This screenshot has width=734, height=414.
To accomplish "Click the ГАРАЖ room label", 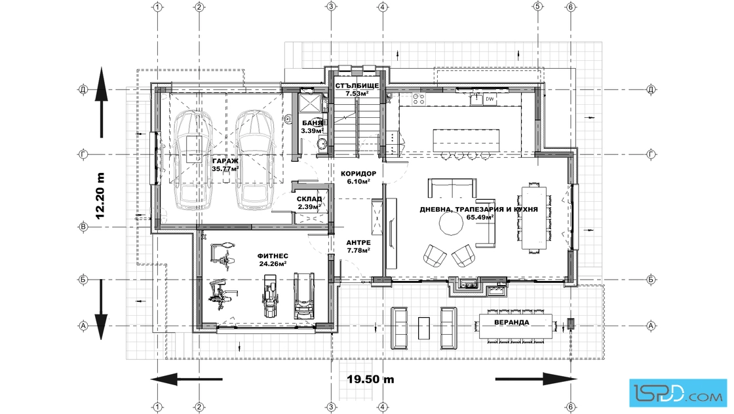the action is click(x=225, y=161).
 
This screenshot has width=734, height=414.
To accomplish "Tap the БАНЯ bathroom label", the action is click(x=312, y=123).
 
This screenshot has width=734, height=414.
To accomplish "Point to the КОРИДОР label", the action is click(x=358, y=174).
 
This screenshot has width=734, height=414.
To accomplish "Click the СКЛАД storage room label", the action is click(x=309, y=199).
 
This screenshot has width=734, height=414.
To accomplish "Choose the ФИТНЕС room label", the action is click(x=273, y=256).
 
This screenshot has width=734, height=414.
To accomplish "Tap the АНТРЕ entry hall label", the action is click(x=358, y=243).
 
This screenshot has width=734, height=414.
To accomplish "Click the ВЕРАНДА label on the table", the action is click(x=512, y=322).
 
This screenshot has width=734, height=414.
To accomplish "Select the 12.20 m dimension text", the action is click(x=100, y=196).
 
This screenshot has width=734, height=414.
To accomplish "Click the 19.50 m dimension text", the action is click(x=370, y=379).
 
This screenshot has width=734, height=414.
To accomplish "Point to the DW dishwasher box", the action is click(x=489, y=99).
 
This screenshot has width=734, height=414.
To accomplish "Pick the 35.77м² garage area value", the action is click(x=225, y=169).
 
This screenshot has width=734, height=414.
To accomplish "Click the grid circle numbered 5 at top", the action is click(x=537, y=7).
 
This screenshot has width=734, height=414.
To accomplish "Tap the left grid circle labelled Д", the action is click(x=83, y=89).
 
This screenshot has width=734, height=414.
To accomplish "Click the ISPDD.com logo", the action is click(x=678, y=393).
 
